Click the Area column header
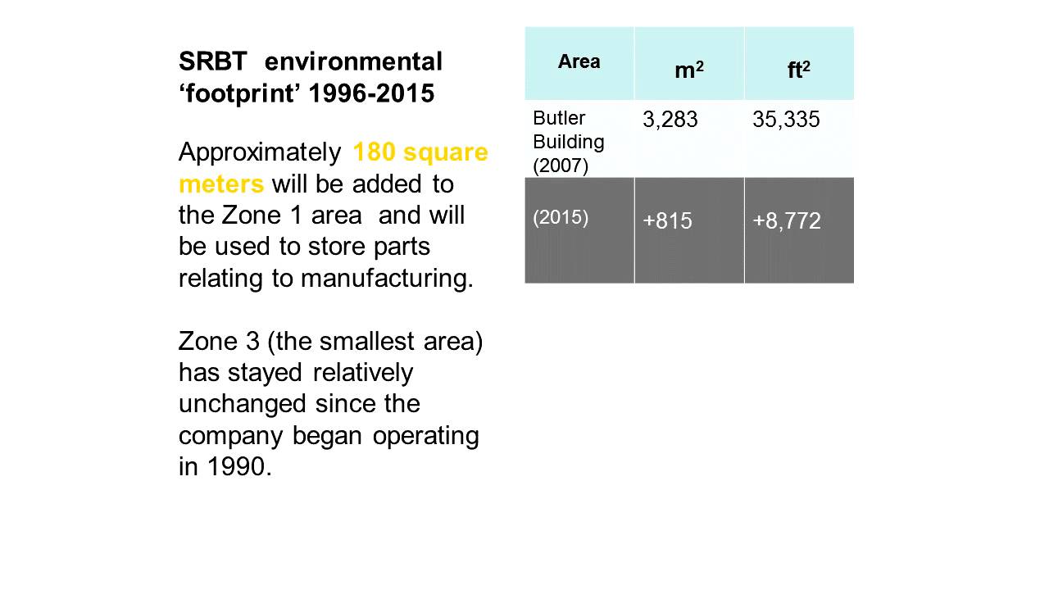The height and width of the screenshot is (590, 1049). pyautogui.click(x=579, y=61)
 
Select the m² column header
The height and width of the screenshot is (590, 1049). pyautogui.click(x=689, y=70)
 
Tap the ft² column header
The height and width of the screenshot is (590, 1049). pyautogui.click(x=798, y=70)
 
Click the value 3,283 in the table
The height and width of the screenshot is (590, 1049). pyautogui.click(x=670, y=120)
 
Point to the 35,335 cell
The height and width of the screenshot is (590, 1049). pyautogui.click(x=786, y=120)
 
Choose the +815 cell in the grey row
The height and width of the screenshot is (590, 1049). pyautogui.click(x=667, y=221)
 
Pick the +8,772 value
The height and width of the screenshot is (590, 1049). pyautogui.click(x=787, y=221)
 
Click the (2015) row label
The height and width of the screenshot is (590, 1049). pyautogui.click(x=561, y=218)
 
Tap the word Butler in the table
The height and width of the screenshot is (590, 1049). pyautogui.click(x=559, y=118)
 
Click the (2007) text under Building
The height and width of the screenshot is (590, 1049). pyautogui.click(x=561, y=166)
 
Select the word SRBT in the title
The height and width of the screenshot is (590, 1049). pyautogui.click(x=213, y=61)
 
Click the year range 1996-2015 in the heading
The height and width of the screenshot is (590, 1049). pyautogui.click(x=372, y=93)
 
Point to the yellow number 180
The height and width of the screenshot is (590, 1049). pyautogui.click(x=375, y=152)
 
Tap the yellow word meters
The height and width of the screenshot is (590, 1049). pyautogui.click(x=221, y=184)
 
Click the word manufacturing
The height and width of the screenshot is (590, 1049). pyautogui.click(x=387, y=279)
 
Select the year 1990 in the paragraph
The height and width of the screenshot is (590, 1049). pyautogui.click(x=238, y=467)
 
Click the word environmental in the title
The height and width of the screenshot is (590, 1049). pyautogui.click(x=353, y=61)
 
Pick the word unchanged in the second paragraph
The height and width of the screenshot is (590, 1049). pyautogui.click(x=243, y=405)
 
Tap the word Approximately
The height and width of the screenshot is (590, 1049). pyautogui.click(x=260, y=153)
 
